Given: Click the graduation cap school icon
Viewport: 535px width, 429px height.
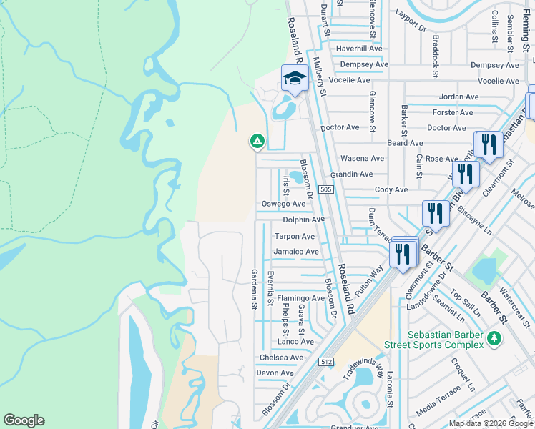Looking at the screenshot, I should click(294, 78).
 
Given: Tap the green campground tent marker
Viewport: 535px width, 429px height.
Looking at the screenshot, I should click(257, 141).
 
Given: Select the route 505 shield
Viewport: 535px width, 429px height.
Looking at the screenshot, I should click(325, 189).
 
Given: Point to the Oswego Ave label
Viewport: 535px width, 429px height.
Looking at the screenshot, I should click(283, 204).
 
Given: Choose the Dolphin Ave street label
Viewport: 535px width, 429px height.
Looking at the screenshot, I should click(303, 220).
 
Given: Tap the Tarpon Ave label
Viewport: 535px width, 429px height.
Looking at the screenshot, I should click(295, 237).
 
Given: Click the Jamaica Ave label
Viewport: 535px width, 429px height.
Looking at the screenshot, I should click(295, 252).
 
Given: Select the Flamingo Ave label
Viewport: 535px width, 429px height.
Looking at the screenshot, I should click(301, 298).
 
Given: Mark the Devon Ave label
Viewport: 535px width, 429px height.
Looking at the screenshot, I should click(275, 373).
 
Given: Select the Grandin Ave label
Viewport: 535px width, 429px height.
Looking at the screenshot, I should click(351, 174).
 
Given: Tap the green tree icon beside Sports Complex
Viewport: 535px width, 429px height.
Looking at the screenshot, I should click(493, 337).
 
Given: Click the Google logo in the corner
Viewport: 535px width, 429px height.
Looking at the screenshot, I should click(24, 420).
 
